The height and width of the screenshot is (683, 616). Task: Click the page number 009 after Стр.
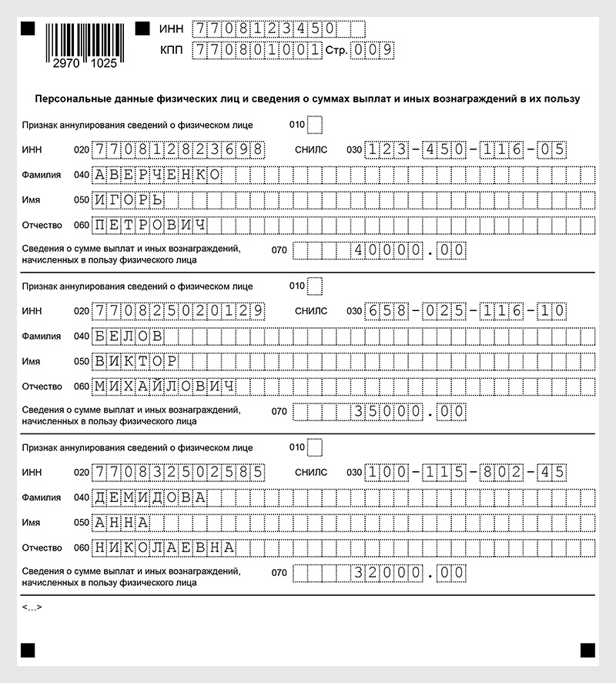pyautogui.click(x=373, y=50)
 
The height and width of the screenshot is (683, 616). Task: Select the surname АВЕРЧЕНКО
pyautogui.click(x=158, y=174)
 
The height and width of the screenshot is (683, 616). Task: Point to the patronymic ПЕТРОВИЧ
pyautogui.click(x=150, y=226)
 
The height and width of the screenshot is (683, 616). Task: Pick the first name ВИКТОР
pyautogui.click(x=136, y=362)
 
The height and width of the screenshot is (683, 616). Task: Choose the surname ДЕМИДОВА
pyautogui.click(x=150, y=497)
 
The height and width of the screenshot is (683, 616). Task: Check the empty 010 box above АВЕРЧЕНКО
pyautogui.click(x=315, y=124)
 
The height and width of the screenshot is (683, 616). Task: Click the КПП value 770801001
pyautogui.click(x=258, y=50)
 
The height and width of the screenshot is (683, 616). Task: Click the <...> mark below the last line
pyautogui.click(x=32, y=608)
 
